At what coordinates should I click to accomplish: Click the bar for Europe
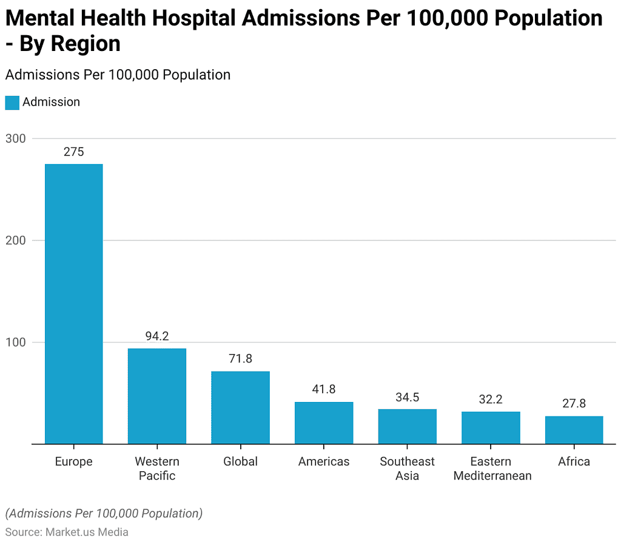73,304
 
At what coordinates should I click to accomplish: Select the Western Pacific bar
157,396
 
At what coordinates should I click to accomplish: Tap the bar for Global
240,407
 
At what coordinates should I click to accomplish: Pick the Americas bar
324,423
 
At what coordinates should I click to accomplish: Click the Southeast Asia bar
407,426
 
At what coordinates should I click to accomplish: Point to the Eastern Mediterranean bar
491,427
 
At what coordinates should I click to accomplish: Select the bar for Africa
574,430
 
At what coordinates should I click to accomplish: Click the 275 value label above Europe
73,152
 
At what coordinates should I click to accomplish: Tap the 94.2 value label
157,336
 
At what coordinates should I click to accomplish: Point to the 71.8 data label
240,359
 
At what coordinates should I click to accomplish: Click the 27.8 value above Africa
574,404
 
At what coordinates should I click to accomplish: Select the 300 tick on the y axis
16,138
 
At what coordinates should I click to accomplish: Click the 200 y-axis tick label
16,240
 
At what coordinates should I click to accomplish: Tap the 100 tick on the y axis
16,342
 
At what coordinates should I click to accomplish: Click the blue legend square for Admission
12,103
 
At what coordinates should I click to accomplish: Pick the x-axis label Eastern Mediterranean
492,469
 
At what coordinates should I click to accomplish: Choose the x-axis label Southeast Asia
407,469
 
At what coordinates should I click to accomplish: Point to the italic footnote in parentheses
104,514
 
